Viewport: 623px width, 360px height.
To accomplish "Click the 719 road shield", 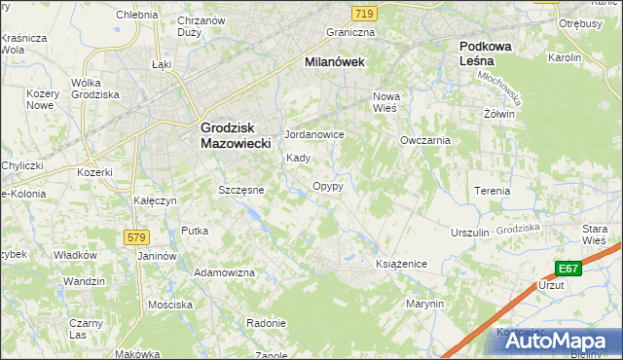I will [x=364, y=13].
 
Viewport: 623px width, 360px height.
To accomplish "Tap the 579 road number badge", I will [x=135, y=237].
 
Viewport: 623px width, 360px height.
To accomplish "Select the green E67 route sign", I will [x=569, y=268].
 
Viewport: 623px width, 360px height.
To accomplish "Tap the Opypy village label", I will [x=327, y=186].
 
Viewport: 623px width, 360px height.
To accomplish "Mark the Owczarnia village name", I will [x=424, y=140].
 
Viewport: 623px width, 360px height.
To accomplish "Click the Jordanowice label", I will [x=313, y=134].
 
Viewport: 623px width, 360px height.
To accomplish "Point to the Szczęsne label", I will [x=240, y=190].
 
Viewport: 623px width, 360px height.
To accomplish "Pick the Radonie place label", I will [x=265, y=323].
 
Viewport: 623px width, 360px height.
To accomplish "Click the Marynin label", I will [x=425, y=304].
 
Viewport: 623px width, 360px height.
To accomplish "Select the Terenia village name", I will [x=492, y=191].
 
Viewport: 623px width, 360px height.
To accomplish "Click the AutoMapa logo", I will [x=560, y=342].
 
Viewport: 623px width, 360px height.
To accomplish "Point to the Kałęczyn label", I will [x=154, y=200].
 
